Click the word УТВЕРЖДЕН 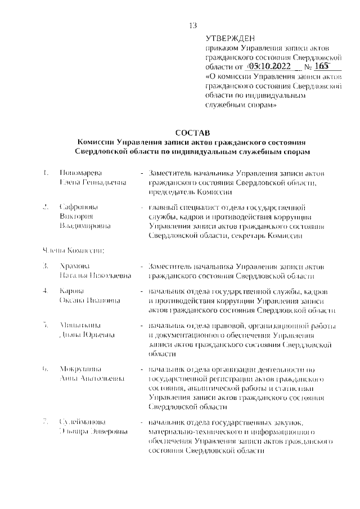click(x=230, y=38)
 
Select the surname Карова click(x=72, y=291)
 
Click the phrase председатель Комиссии click(x=184, y=192)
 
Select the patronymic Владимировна click(x=85, y=226)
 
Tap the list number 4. click(x=44, y=291)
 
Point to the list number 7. click(x=44, y=422)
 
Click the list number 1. click(x=44, y=173)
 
